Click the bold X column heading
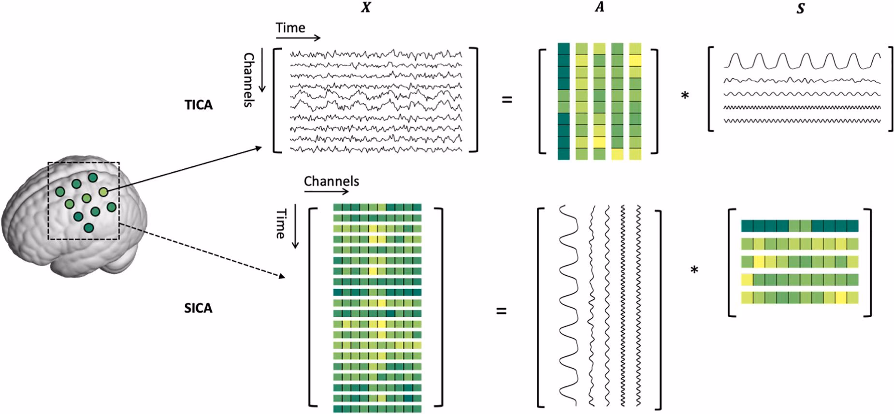pyautogui.click(x=366, y=7)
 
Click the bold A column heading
pyautogui.click(x=599, y=7)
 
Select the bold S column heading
pyautogui.click(x=801, y=8)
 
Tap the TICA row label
pyautogui.click(x=199, y=105)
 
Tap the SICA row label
pyautogui.click(x=198, y=308)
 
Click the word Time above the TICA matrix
pyautogui.click(x=290, y=28)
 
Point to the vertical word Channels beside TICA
pyautogui.click(x=248, y=80)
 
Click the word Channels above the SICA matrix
pyautogui.click(x=332, y=181)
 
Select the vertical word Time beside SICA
pyautogui.click(x=281, y=223)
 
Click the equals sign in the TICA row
pyautogui.click(x=507, y=101)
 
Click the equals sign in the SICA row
pyautogui.click(x=502, y=311)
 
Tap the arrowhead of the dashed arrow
pyautogui.click(x=281, y=277)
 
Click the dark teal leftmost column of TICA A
pyautogui.click(x=563, y=101)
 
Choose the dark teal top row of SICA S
pyautogui.click(x=800, y=226)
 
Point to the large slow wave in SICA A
pyautogui.click(x=569, y=305)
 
